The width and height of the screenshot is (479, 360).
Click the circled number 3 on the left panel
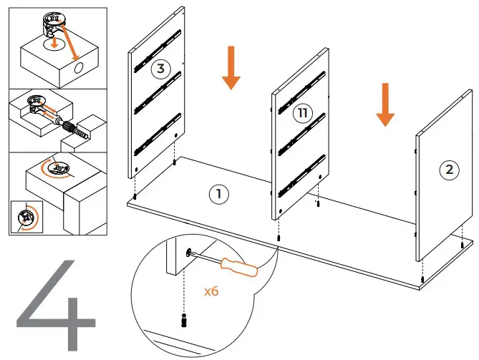click(161, 69)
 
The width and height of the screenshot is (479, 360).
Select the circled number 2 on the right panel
click(449, 170)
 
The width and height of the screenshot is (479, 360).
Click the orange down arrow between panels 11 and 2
click(386, 104)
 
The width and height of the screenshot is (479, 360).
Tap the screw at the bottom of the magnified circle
click(183, 320)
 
